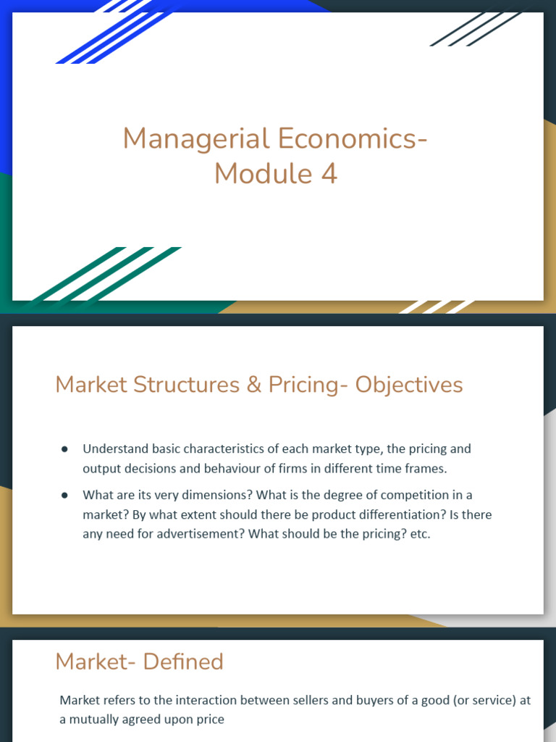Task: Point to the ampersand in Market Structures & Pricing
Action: (x=253, y=384)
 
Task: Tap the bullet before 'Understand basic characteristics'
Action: (x=64, y=449)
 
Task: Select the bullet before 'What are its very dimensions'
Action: (x=64, y=496)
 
